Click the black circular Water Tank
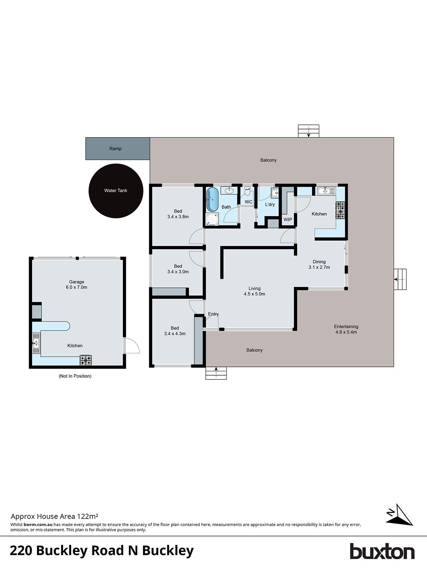pos(116,191)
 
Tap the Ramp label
pos(115,149)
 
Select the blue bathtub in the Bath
pos(212,200)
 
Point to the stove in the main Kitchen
pos(340,210)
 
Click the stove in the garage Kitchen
pos(85,360)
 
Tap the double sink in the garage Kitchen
pos(36,343)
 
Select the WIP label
pos(288,219)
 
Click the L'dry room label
pos(270,204)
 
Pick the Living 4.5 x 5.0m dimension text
pos(254,294)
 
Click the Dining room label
pos(319,262)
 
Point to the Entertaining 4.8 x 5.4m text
pos(346,329)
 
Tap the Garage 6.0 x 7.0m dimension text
pos(77,287)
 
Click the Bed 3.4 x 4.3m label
pos(175,331)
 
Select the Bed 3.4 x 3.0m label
pos(178,269)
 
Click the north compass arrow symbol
pos(399,515)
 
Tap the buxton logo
pos(382,551)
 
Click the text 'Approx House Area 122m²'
pos(54,516)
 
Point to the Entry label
pos(213,314)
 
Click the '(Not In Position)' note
pos(75,376)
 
